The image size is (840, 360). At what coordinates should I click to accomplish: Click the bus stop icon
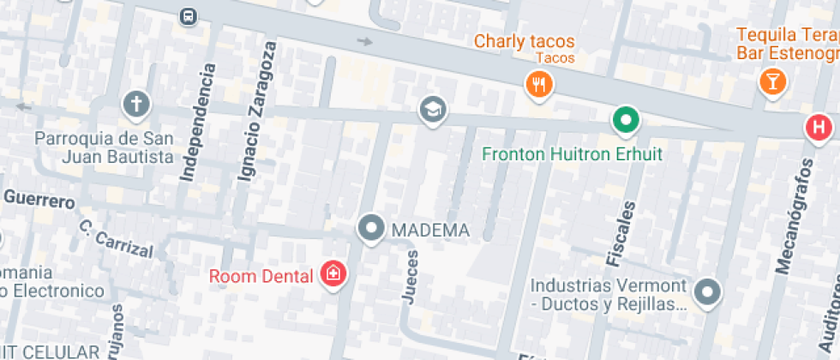(x=188, y=16)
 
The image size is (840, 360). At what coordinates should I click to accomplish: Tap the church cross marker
(x=136, y=105)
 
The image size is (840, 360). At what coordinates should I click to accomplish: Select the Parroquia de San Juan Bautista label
(x=104, y=147)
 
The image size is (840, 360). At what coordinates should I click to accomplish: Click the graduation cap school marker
(x=433, y=110)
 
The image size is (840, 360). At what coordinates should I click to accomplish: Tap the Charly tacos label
(x=524, y=41)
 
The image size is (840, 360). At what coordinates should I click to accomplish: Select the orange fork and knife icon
(x=539, y=84)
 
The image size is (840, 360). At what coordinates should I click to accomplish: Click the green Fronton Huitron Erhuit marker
(x=627, y=121)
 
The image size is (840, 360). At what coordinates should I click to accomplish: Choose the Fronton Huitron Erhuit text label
(x=573, y=155)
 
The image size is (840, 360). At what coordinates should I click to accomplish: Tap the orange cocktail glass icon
(x=772, y=82)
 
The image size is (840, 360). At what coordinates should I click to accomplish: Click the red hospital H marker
(x=819, y=128)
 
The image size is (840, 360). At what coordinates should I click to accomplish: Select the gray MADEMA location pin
(x=371, y=228)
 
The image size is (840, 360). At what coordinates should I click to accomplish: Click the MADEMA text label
(x=430, y=231)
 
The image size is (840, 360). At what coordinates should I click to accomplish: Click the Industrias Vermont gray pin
(x=707, y=292)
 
